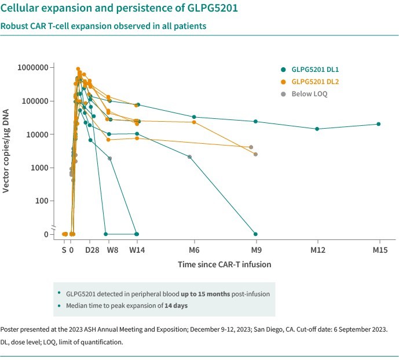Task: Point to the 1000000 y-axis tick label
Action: pos(32,67)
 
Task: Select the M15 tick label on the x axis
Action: pos(379,250)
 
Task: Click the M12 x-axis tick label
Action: pos(318,250)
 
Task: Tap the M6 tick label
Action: pos(194,250)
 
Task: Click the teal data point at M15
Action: pos(379,124)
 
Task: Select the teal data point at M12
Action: pos(317,129)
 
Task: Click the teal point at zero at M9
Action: pos(255,234)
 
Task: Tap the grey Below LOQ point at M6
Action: pos(190,157)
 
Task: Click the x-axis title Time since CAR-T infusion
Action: pos(224,264)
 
